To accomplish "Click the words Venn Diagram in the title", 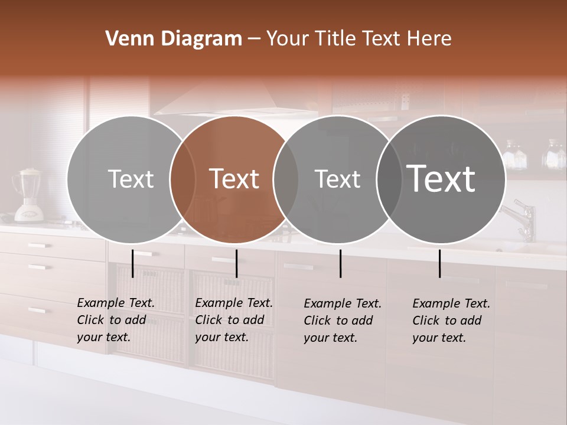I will [174, 39].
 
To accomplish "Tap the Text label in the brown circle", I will [234, 179].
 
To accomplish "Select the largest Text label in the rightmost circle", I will [441, 179].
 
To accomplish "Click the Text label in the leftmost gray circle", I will [131, 179].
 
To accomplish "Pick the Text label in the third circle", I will [337, 179].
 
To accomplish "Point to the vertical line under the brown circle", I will [236, 263].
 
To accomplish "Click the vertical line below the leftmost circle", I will [133, 263].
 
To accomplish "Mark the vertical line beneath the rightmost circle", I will [440, 263].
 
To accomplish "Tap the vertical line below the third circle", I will [341, 263].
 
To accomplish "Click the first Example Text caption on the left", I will [115, 320].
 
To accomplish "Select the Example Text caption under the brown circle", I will [233, 320].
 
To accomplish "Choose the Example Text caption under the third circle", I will [342, 321].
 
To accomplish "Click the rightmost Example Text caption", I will [451, 321].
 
